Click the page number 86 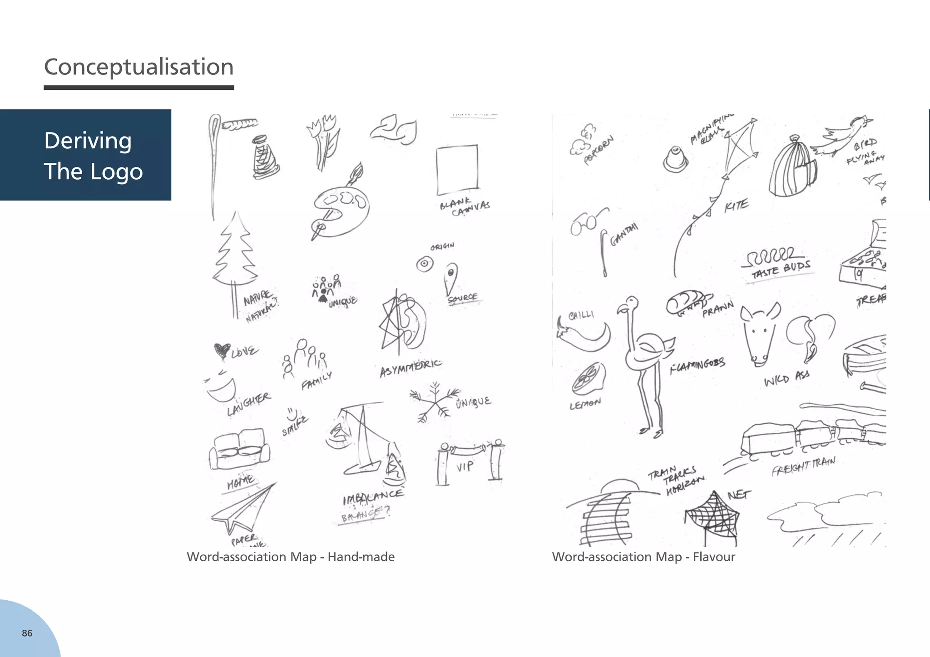click(27, 633)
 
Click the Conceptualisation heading click(139, 67)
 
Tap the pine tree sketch click(235, 254)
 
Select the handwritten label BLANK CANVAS click(465, 206)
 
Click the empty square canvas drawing click(457, 169)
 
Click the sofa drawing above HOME click(239, 449)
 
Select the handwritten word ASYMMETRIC click(410, 368)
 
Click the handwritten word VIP click(465, 466)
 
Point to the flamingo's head click(630, 304)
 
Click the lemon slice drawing click(589, 378)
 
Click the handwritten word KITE click(736, 205)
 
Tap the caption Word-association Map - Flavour click(643, 557)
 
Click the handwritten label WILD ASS click(787, 378)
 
